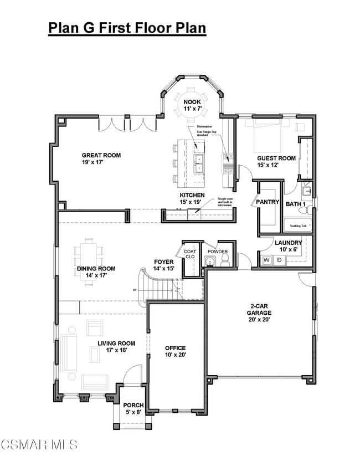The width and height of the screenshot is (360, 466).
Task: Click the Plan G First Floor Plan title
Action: click(x=127, y=28)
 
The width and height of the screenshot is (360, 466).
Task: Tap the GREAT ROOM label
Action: click(x=101, y=159)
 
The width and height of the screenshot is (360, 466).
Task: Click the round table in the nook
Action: click(x=192, y=103)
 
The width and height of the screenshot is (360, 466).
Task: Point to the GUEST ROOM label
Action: click(x=276, y=161)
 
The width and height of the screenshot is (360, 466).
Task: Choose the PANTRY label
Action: click(x=268, y=202)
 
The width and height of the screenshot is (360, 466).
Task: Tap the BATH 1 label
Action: click(x=296, y=204)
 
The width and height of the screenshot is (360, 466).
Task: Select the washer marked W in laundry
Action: click(x=266, y=259)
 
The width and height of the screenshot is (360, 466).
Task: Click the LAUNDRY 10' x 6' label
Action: click(x=288, y=246)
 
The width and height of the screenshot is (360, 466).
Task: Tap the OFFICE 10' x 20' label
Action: click(x=175, y=351)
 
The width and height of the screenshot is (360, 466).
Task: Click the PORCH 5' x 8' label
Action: click(x=133, y=408)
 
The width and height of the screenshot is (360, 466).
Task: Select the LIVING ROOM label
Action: click(x=116, y=347)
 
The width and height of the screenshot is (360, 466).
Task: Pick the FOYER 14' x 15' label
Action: click(x=164, y=265)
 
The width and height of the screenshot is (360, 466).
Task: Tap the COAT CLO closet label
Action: click(x=190, y=254)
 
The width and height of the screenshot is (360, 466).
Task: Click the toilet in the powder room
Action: click(x=224, y=262)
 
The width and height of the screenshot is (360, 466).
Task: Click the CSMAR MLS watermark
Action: click(x=39, y=444)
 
